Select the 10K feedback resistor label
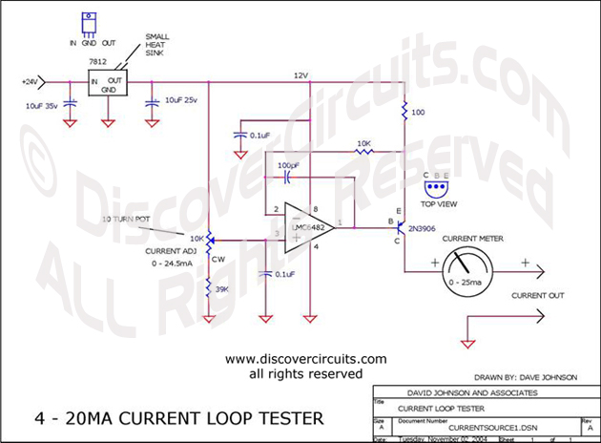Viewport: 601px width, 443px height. coord(363,144)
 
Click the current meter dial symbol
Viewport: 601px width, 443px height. coord(478,268)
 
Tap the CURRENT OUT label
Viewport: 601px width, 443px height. coord(536,296)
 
